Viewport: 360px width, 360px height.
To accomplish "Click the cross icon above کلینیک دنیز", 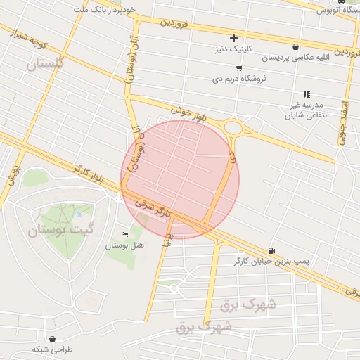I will [234, 38].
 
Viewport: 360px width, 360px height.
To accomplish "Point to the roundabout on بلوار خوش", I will [233, 129].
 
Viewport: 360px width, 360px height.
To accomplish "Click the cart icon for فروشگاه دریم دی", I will [240, 68].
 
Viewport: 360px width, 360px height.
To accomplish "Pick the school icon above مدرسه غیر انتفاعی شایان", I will [307, 94].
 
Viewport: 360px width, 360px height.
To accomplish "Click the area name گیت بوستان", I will [56, 230].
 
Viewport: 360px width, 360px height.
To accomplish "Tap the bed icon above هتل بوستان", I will [125, 234].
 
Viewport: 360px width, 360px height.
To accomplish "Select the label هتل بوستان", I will [124, 245].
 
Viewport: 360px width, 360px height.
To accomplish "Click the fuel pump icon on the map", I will [271, 250].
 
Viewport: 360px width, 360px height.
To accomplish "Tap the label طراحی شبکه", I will [53, 349].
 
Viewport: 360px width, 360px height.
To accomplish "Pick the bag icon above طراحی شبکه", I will [53, 338].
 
